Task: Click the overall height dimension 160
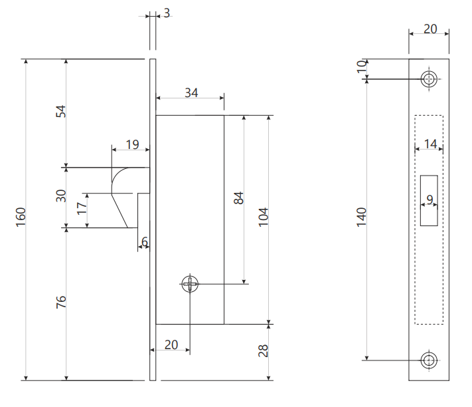coord(21,217)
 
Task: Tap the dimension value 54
coord(61,111)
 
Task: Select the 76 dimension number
coord(61,302)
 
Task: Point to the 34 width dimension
coord(191,93)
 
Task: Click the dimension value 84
coord(239,198)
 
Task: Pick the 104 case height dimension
coord(264,217)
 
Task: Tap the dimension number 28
coord(264,350)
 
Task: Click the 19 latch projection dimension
coord(133,145)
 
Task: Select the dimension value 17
coord(82,209)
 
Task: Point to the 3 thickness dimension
coord(167,13)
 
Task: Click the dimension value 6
coord(145,242)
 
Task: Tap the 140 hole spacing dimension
coord(361,217)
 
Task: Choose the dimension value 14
coord(430,144)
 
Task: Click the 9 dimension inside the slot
coord(430,200)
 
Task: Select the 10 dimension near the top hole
coord(361,67)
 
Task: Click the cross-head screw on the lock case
coord(190,284)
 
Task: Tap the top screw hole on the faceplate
coord(429,79)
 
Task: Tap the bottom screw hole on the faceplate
coord(429,360)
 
